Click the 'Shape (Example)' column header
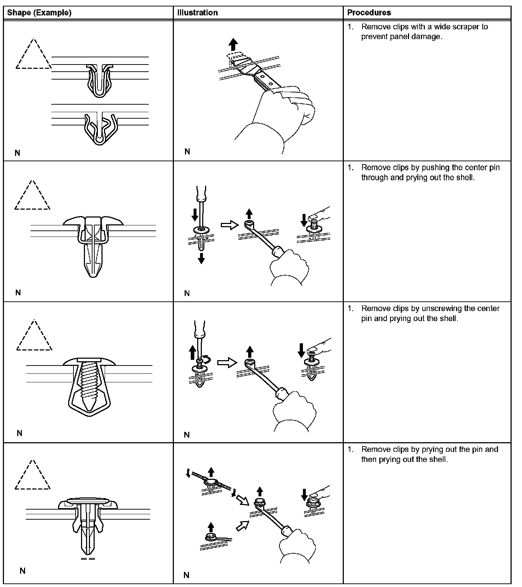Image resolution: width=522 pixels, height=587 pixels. coord(39,13)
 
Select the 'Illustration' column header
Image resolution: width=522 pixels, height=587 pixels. coord(197,13)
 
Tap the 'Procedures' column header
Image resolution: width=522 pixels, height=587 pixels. coord(369,13)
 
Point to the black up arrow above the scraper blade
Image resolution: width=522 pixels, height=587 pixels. coord(233,45)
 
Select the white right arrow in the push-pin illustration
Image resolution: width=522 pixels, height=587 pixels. coord(229,225)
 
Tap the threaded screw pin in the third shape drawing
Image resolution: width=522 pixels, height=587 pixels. coord(88,384)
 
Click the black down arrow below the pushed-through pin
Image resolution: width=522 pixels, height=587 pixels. coord(201,258)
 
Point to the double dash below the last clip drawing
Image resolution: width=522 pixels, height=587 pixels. coord(88,559)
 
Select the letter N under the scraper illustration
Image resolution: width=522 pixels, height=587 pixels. coord(187,152)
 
